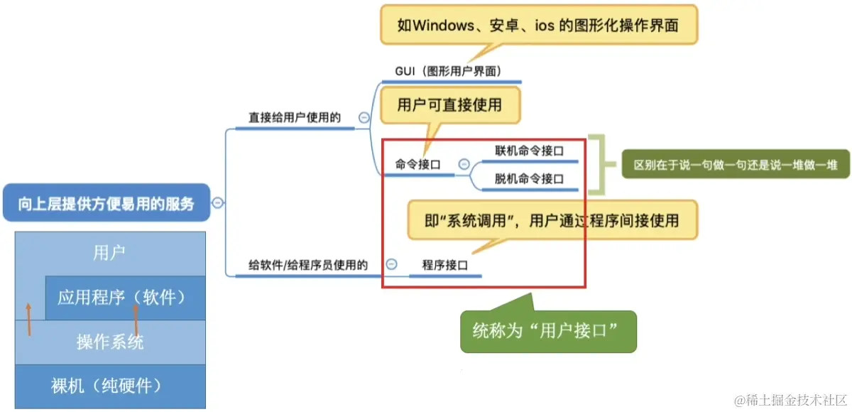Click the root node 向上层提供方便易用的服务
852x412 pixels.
pyautogui.click(x=106, y=204)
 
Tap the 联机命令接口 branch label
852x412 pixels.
pyautogui.click(x=529, y=151)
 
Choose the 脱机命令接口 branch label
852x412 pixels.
pyautogui.click(x=529, y=179)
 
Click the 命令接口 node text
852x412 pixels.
pyautogui.click(x=417, y=164)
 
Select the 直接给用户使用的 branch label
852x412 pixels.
pyautogui.click(x=295, y=117)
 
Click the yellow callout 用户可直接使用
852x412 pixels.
pyautogui.click(x=449, y=105)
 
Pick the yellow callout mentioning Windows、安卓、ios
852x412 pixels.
pyautogui.click(x=539, y=26)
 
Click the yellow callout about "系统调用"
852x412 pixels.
pyautogui.click(x=552, y=220)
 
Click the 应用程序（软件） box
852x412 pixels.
pyautogui.click(x=124, y=297)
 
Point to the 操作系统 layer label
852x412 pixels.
pyautogui.click(x=110, y=342)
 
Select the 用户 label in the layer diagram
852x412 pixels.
pyautogui.click(x=110, y=253)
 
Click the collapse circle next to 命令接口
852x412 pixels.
pyautogui.click(x=464, y=164)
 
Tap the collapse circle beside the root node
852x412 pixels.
pyautogui.click(x=217, y=203)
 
